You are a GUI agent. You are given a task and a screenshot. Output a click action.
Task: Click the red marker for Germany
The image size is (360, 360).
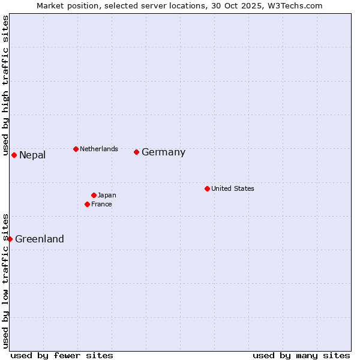tap(137, 152)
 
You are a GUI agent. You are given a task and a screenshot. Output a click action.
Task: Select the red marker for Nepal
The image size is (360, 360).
tap(14, 155)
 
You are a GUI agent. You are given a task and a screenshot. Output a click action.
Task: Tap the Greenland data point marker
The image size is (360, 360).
tap(10, 239)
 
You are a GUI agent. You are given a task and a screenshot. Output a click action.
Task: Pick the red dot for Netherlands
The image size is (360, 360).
tap(76, 149)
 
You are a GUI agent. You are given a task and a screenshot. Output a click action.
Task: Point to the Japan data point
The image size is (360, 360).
tap(94, 195)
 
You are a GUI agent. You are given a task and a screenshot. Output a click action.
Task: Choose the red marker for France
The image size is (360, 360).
tap(87, 204)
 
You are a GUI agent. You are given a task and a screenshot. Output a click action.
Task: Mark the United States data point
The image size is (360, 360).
tap(207, 188)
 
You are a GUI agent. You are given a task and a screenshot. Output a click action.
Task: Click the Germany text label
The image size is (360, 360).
tap(163, 152)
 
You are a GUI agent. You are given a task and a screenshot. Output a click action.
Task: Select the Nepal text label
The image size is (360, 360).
tap(32, 155)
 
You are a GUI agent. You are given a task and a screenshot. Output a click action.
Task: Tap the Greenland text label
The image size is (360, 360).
tap(40, 239)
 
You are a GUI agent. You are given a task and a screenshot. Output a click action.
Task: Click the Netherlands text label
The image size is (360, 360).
tap(99, 149)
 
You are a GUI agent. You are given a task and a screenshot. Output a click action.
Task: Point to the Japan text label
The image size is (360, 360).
tap(107, 195)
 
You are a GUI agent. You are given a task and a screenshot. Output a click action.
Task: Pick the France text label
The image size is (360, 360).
tap(101, 204)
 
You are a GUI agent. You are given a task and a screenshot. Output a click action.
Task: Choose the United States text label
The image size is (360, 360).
tap(233, 188)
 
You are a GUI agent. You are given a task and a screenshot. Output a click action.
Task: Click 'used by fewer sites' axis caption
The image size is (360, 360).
tap(62, 355)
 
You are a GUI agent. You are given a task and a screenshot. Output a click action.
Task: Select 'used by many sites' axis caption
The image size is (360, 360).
tap(301, 355)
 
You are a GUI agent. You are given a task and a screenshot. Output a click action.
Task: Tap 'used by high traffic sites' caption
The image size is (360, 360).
tap(6, 86)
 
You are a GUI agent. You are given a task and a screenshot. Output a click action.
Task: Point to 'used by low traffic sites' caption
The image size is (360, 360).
tap(6, 280)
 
